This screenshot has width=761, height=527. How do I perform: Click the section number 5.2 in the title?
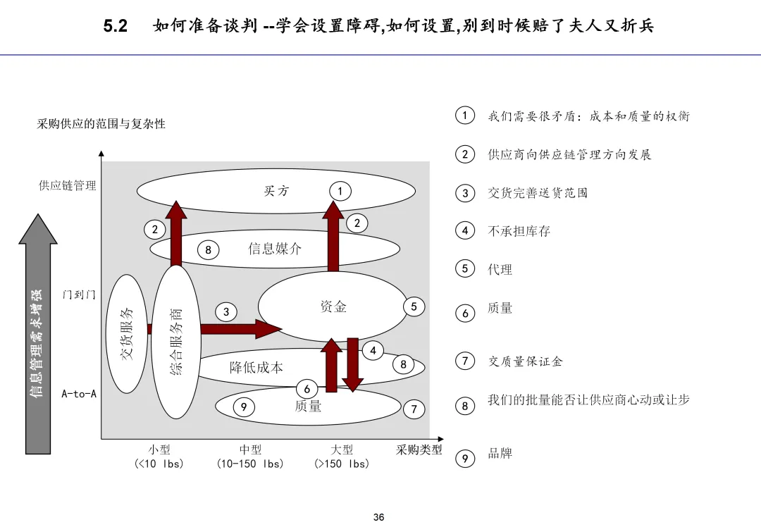pyautogui.click(x=115, y=27)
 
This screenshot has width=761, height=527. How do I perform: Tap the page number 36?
pyautogui.click(x=379, y=517)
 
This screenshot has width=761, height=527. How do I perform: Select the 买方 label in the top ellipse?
pyautogui.click(x=276, y=191)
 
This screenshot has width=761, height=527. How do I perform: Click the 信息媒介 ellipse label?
pyautogui.click(x=275, y=248)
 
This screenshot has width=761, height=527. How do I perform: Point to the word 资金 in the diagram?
pyautogui.click(x=333, y=306)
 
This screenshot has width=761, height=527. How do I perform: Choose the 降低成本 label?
pyautogui.click(x=256, y=367)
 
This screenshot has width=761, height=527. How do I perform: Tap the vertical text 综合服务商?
pyautogui.click(x=177, y=342)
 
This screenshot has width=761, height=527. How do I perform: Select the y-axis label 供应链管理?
pyautogui.click(x=68, y=186)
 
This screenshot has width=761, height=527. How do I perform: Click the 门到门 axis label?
pyautogui.click(x=79, y=295)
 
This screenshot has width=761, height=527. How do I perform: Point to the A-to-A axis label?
pyautogui.click(x=79, y=394)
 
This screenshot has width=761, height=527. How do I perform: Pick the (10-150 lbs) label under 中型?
pyautogui.click(x=250, y=464)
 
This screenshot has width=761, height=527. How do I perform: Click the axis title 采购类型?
pyautogui.click(x=419, y=449)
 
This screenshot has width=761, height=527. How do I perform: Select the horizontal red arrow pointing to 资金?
pyautogui.click(x=240, y=328)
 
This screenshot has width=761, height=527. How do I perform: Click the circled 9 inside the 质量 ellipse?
pyautogui.click(x=244, y=407)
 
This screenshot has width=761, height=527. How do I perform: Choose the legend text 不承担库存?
pyautogui.click(x=519, y=231)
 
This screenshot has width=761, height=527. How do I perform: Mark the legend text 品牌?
pyautogui.click(x=500, y=453)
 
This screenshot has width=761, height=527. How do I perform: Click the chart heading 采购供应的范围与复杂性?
pyautogui.click(x=101, y=124)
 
